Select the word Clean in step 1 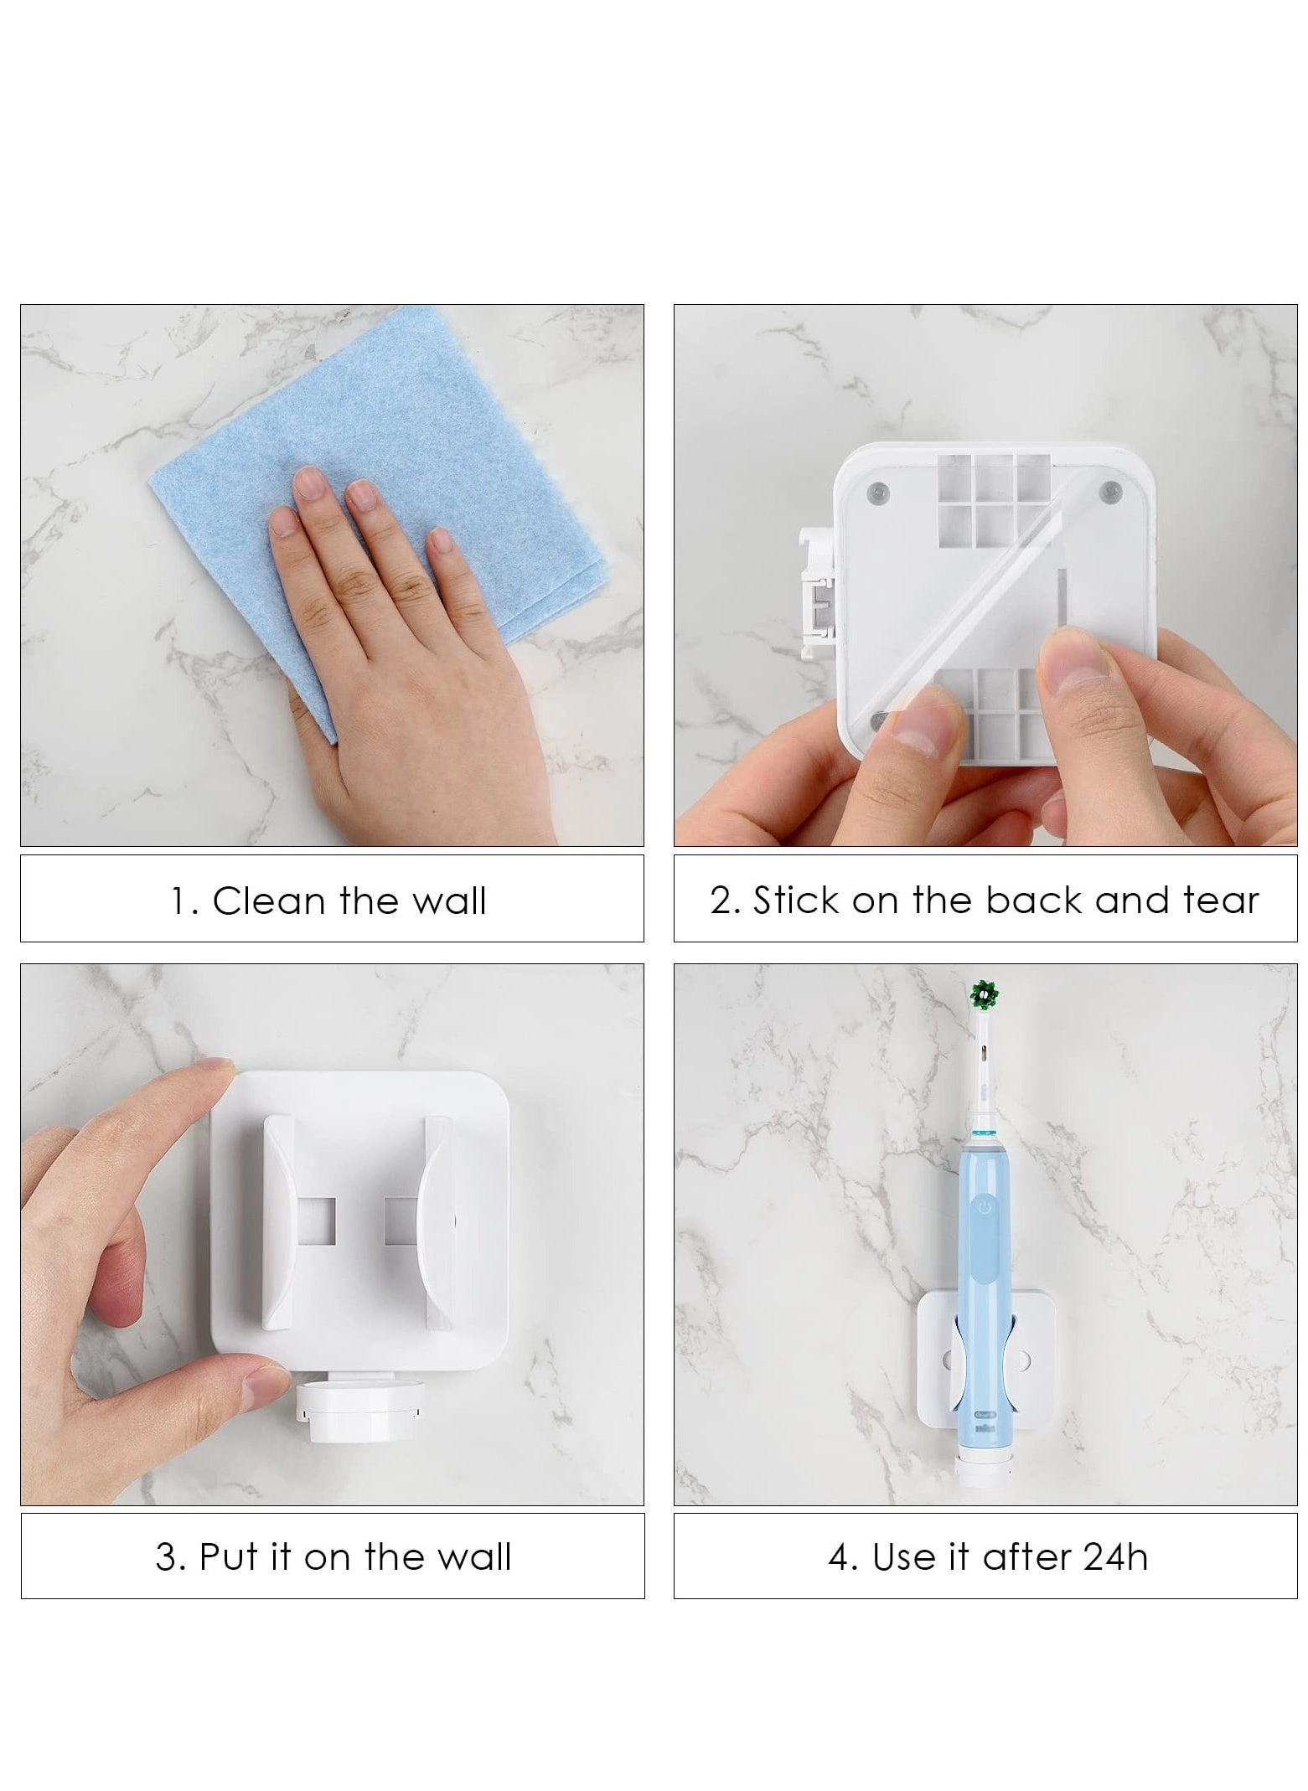tap(268, 901)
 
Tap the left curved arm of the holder tap(281, 1222)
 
